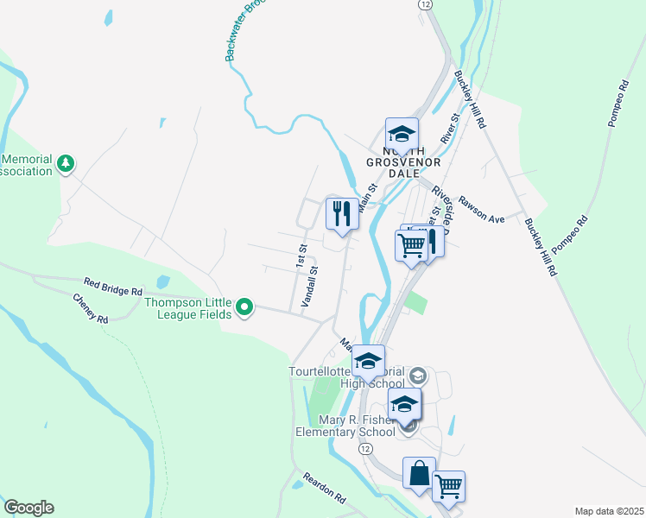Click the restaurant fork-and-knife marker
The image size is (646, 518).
point(342,212)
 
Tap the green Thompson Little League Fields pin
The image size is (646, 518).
point(245,306)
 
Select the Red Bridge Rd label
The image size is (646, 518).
point(113,286)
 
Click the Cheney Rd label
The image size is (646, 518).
point(91,307)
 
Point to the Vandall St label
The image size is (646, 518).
point(309,286)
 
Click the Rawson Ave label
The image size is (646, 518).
point(482,212)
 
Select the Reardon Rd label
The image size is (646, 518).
point(324,488)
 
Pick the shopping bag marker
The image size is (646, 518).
point(419,473)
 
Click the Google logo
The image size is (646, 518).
point(28,508)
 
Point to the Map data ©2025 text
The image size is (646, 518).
point(609,511)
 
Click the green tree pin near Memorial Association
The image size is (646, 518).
point(66,163)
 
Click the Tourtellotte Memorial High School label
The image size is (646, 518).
point(345,378)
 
